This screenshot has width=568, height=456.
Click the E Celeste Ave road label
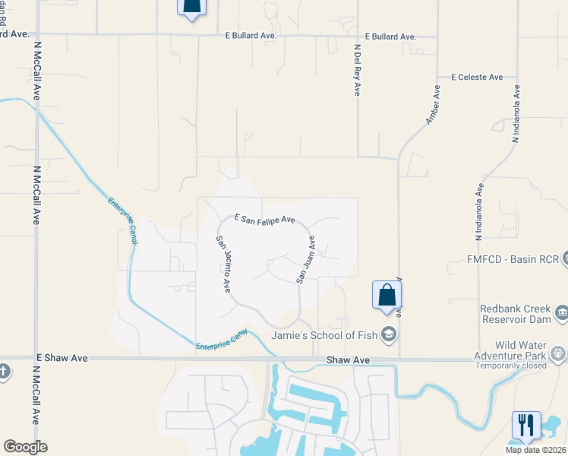pos(477,77)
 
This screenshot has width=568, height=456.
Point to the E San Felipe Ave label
pos(264,219)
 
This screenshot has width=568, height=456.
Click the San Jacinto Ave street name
pos(223,264)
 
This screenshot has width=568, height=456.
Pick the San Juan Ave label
pos(306,259)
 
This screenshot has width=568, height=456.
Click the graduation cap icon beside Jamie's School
pos(389,334)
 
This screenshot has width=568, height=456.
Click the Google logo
pos(25,447)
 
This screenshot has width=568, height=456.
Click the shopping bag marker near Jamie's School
pos(387,295)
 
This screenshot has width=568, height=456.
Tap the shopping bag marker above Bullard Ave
pos(191,6)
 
